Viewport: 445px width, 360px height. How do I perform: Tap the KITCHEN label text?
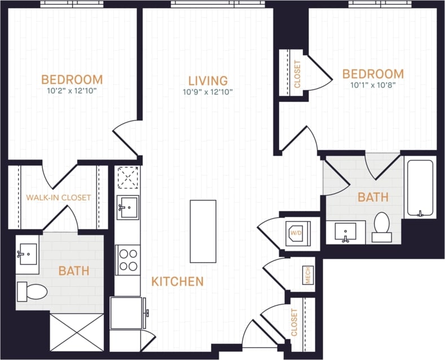[x=177, y=281]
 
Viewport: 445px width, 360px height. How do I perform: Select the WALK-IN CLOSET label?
[x=58, y=198]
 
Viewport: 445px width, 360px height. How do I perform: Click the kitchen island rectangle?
[x=202, y=231]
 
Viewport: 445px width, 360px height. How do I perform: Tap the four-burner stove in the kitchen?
[x=128, y=260]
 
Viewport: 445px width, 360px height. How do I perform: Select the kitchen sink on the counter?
[x=128, y=207]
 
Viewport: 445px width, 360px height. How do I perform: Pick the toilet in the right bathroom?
[x=381, y=227]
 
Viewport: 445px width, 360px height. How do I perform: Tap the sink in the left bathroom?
[x=27, y=254]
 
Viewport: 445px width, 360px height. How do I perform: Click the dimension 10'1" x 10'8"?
[x=373, y=85]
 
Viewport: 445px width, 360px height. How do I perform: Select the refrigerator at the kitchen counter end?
[x=128, y=313]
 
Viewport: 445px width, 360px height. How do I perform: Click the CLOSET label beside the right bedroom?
[x=297, y=74]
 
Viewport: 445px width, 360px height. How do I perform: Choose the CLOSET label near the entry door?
[x=294, y=322]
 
